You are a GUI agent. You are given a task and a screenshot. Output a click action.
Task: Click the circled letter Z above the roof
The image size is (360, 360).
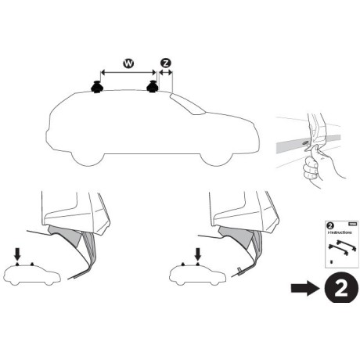(165, 62)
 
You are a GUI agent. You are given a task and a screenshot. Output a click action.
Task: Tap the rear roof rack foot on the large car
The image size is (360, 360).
(98, 88)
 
